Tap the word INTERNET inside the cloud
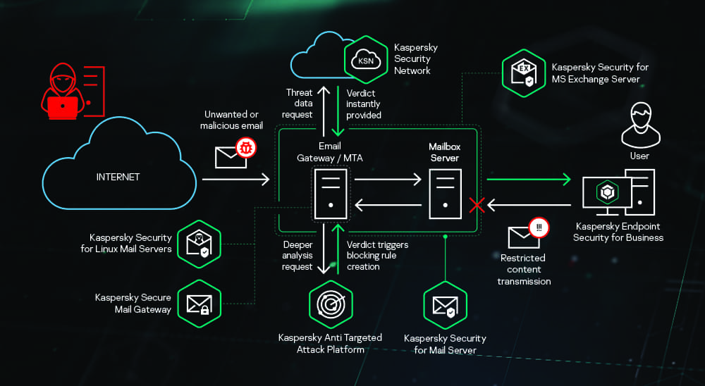click(x=118, y=177)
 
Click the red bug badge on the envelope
click(x=246, y=148)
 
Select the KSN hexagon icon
click(x=366, y=61)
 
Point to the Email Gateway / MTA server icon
click(x=330, y=193)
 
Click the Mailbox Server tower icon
click(x=446, y=193)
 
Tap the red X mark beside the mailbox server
click(x=477, y=205)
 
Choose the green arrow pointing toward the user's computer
click(x=528, y=180)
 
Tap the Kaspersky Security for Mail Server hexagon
click(x=445, y=304)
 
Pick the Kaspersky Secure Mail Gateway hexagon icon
click(x=197, y=303)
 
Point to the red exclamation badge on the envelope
click(x=539, y=228)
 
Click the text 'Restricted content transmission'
click(x=524, y=270)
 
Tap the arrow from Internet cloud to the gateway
click(x=235, y=180)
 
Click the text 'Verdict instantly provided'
click(x=364, y=104)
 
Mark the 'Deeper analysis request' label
click(x=297, y=256)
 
